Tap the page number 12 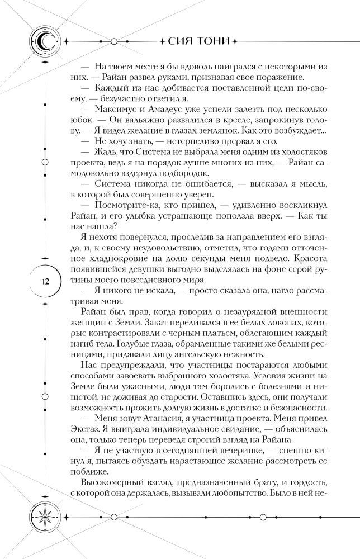44,281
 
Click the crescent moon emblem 44,41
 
